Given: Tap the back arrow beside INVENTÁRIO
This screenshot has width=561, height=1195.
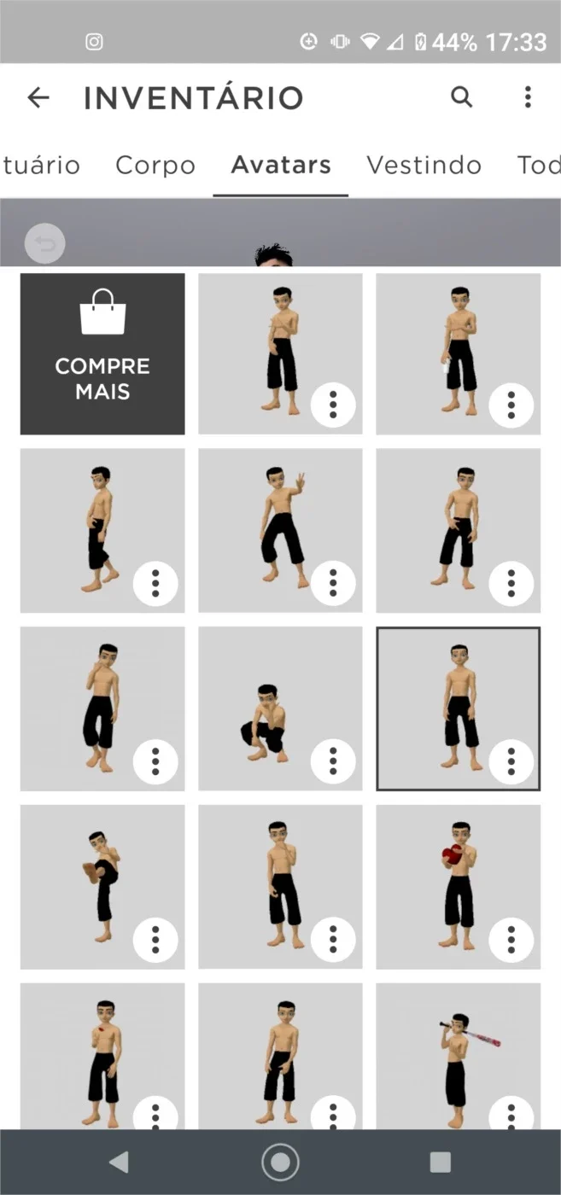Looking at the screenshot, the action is coord(38,97).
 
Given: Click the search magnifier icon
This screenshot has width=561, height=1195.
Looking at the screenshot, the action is coord(462,97).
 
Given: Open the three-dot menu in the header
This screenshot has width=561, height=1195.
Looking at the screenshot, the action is coord(528,97).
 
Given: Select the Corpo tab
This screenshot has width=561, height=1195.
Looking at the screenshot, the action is coord(155,166).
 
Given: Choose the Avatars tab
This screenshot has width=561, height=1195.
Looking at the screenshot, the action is coord(281,164).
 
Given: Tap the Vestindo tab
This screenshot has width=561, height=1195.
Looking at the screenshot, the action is coord(424,165).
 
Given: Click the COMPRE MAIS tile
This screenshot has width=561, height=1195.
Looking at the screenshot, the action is coord(102,353).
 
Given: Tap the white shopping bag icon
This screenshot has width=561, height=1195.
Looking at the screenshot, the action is coord(102,312).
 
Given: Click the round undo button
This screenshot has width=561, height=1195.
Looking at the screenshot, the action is coord(45,244).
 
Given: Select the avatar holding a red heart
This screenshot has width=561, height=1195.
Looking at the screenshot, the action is coord(458,887).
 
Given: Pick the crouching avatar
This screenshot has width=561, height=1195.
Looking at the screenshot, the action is coord(280,708).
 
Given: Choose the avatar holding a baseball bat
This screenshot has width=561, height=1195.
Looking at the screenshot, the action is coord(458,1057).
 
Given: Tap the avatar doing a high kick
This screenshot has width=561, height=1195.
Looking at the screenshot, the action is coord(102,887).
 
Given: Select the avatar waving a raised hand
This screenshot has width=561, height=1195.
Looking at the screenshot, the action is coord(280,530).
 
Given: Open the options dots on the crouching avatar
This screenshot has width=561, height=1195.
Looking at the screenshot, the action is coord(333,761).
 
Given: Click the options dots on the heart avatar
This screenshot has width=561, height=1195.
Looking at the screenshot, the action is coord(511,940).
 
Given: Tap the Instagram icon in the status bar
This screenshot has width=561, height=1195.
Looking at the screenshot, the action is coord(94,42).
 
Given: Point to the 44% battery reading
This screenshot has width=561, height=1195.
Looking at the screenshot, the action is coord(454,42).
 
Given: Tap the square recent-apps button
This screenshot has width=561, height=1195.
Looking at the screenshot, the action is coord(441,1162).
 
